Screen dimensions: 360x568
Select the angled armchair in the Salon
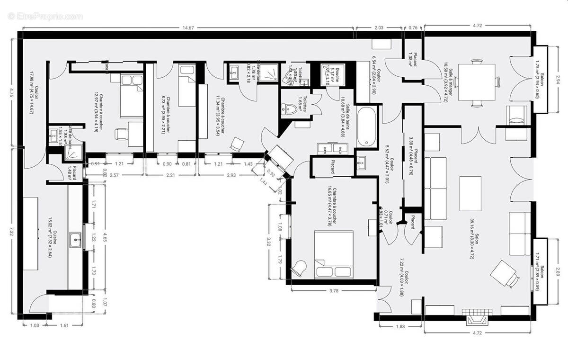[x=504, y=274]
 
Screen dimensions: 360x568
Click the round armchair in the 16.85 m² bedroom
[x=299, y=269]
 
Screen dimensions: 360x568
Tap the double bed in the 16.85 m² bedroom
[x=334, y=253]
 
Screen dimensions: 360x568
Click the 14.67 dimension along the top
[x=188, y=27]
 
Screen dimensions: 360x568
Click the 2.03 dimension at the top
[x=379, y=27]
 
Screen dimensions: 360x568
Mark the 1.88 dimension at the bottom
[x=400, y=325]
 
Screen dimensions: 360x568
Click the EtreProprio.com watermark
[x=45, y=16]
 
